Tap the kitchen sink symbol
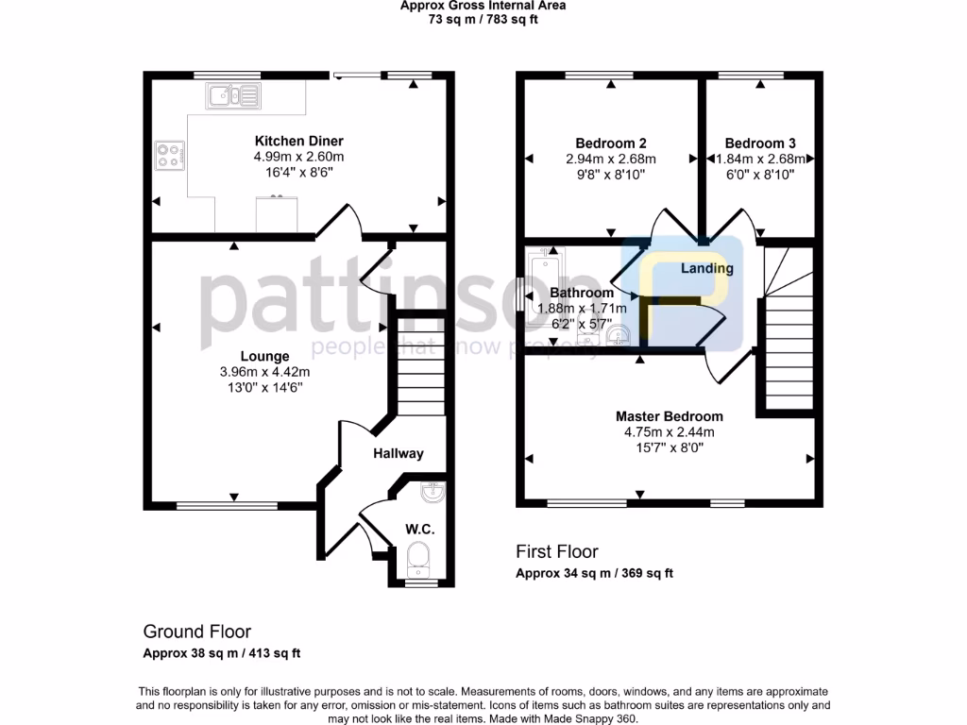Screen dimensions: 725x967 [232, 94]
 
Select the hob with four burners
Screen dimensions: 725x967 [170, 155]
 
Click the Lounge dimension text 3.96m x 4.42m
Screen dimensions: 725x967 [264, 372]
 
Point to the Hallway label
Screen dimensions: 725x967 [398, 453]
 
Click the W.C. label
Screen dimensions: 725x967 [419, 529]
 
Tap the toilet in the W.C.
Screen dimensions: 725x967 [418, 561]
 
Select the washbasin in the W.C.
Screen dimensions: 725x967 [432, 492]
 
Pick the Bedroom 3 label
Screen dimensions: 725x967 [760, 143]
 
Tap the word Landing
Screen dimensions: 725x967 [707, 268]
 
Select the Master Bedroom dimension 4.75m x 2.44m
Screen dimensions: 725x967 [669, 432]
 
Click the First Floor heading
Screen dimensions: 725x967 [556, 551]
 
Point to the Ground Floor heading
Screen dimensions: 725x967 [196, 632]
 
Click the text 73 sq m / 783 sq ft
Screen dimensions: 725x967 [483, 19]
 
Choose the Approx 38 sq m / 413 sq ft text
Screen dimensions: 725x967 [221, 653]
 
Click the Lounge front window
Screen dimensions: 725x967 [227, 506]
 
